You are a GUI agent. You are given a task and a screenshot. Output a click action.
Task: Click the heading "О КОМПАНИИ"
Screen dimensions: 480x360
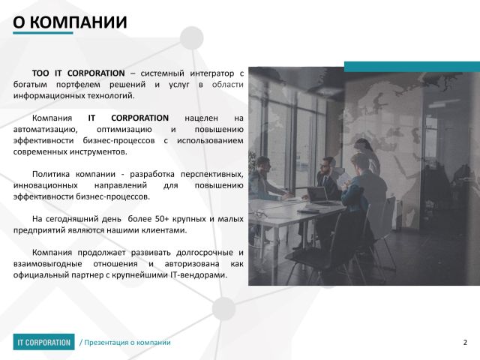click(70, 22)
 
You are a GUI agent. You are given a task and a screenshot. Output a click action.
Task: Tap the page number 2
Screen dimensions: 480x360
click(465, 342)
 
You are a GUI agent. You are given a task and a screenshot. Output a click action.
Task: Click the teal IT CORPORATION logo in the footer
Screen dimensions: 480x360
click(43, 342)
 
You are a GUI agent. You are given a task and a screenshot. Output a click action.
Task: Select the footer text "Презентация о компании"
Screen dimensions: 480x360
click(127, 342)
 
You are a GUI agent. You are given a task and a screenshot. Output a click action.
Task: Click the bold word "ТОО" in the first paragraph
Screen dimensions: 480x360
click(40, 73)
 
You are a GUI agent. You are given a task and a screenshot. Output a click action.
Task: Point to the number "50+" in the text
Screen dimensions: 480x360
click(162, 219)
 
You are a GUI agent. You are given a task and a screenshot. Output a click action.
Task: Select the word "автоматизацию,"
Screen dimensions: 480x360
click(46, 130)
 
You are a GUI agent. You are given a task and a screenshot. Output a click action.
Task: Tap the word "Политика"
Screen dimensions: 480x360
click(51, 174)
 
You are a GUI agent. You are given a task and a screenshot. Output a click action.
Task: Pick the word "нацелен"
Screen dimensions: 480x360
click(201, 118)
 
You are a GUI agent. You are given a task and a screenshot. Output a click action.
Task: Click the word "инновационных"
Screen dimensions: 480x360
click(45, 185)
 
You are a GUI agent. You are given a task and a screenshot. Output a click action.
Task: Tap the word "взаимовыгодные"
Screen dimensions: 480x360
click(47, 264)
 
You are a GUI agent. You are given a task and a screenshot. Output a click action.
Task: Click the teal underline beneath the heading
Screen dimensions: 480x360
click(43, 33)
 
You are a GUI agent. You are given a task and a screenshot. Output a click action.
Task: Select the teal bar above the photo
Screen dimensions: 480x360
click(412, 67)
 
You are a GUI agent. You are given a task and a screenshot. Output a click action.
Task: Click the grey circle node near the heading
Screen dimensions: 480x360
click(192, 38)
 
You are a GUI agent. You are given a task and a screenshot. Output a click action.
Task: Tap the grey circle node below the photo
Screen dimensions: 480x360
click(223, 308)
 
